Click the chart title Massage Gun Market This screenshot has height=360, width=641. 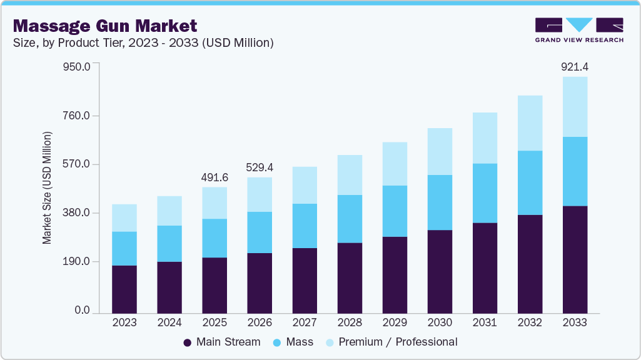tap(105, 26)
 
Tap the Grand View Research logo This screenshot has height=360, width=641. tap(579, 30)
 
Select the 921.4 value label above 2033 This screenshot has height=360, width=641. tap(575, 66)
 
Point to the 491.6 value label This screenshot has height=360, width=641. tap(215, 177)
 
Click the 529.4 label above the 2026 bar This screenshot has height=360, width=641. tap(260, 167)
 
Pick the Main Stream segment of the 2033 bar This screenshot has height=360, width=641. tap(575, 259)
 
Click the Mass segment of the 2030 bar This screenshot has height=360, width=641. tap(440, 202)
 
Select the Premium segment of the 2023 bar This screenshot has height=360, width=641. tap(124, 218)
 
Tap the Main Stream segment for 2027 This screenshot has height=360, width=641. tap(305, 281)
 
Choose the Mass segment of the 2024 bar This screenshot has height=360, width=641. tap(169, 244)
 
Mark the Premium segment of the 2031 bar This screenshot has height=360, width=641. tap(485, 138)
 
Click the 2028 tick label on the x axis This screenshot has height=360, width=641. tap(350, 323)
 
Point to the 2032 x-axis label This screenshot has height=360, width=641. tap(530, 323)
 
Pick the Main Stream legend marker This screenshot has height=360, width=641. tap(187, 342)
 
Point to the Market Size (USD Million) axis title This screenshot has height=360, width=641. tap(47, 188)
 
